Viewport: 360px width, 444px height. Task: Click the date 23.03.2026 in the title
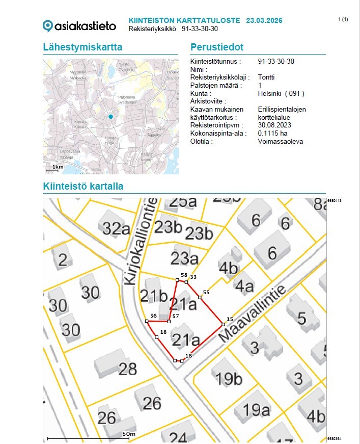[x=264, y=20]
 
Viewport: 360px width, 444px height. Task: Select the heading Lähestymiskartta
[x=82, y=47]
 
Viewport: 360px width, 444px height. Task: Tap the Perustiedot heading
[x=217, y=47]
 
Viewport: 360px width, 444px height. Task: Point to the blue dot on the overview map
[x=110, y=117]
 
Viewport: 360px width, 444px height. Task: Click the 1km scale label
[x=58, y=167]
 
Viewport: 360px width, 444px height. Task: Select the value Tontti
[x=266, y=77]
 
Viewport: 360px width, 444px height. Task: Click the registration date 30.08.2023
[x=275, y=125]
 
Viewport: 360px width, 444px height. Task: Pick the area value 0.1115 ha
[x=273, y=133]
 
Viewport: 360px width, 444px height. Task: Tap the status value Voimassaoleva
[x=280, y=141]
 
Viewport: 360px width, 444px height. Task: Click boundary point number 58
[x=183, y=275]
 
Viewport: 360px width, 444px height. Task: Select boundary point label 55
[x=206, y=292]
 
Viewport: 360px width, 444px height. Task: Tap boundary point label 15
[x=230, y=319]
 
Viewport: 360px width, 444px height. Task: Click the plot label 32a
[x=116, y=228]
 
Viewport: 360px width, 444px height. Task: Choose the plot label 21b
[x=154, y=296]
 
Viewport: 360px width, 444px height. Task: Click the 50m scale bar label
[x=129, y=434]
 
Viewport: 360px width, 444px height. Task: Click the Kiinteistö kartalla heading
[x=83, y=187]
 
